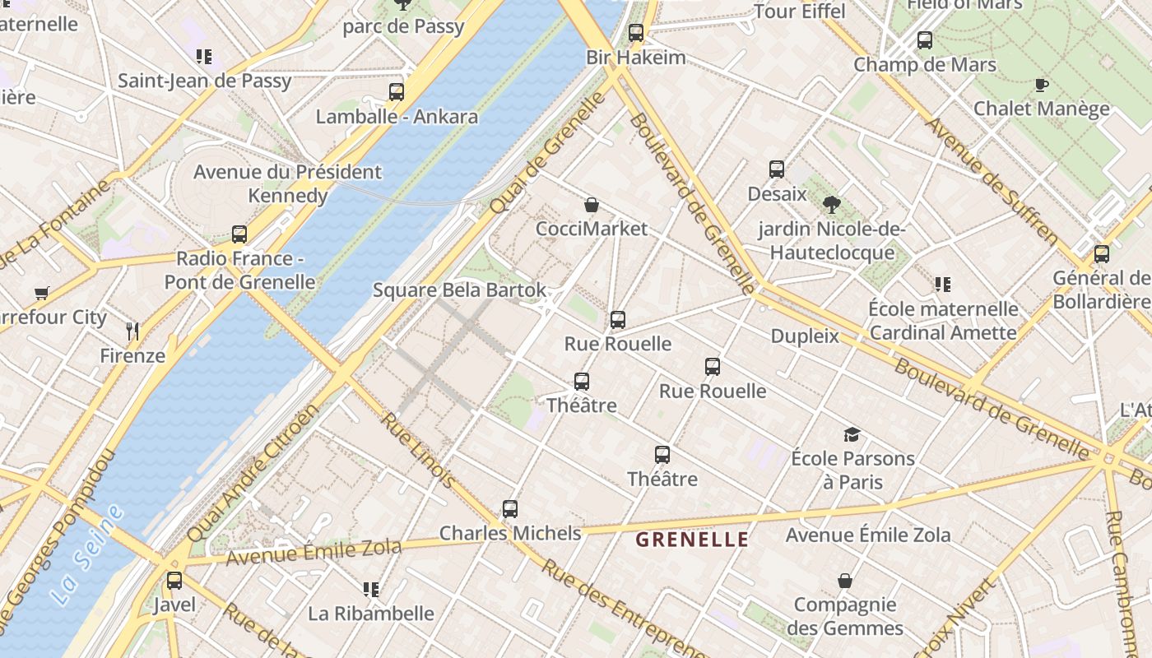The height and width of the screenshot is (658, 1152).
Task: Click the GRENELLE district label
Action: point(692,540)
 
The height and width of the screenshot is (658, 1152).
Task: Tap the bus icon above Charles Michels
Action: point(510,509)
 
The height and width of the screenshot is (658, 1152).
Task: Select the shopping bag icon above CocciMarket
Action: point(591,205)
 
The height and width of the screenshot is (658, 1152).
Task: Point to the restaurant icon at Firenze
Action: point(132,331)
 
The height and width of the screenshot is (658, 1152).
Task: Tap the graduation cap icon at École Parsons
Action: point(852,434)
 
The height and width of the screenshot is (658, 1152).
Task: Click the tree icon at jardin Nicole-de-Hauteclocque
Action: point(831,205)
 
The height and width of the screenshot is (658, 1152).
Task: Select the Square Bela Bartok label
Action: point(459,290)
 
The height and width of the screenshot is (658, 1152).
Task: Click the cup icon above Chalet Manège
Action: point(1041,85)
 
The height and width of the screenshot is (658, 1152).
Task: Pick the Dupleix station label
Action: point(805,336)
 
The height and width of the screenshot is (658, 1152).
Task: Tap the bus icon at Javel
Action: point(174,581)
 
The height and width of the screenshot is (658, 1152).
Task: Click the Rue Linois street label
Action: point(416,449)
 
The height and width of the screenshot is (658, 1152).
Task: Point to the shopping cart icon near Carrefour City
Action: point(42,293)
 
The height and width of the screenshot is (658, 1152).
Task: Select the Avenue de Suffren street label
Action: point(991,182)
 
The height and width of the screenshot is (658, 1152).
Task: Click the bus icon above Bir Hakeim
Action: point(635,33)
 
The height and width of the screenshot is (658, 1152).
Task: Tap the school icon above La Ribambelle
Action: point(370,589)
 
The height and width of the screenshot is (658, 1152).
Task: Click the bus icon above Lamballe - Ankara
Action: point(397,92)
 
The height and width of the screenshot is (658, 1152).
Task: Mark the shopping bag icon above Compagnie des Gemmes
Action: point(844,581)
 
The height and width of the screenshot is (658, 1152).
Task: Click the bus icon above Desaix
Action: point(777,169)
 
